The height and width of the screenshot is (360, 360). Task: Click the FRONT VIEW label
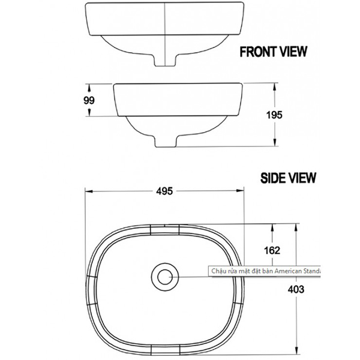click(x=273, y=52)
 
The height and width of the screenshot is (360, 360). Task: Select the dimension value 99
click(x=89, y=101)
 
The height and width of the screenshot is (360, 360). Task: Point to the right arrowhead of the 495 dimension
click(x=242, y=192)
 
